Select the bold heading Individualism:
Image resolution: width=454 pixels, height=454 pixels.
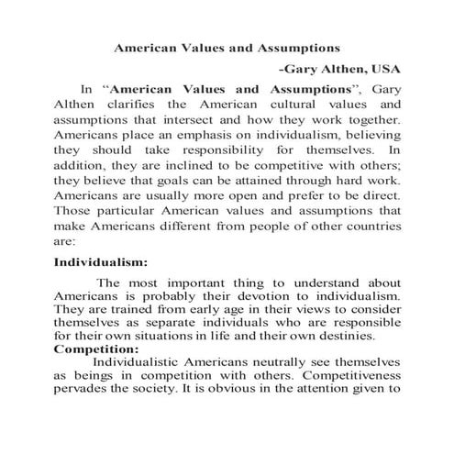tap(102, 261)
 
